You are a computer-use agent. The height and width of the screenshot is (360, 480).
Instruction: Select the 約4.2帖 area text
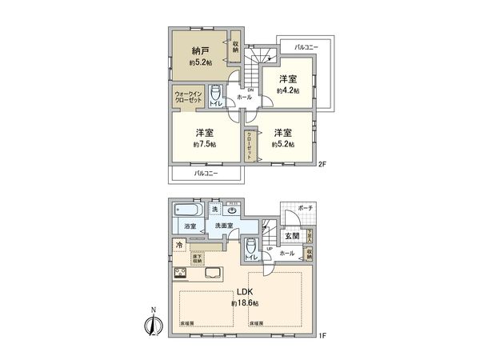click(x=287, y=91)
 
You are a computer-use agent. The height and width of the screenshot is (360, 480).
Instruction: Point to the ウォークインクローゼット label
click(x=188, y=98)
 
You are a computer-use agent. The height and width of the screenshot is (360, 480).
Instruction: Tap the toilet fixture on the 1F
click(x=251, y=246)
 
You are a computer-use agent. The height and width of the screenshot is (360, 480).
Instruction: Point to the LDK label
click(x=242, y=291)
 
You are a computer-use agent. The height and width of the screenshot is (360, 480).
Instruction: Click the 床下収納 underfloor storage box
click(x=196, y=258)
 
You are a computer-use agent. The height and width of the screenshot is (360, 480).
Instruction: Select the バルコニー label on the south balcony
click(x=206, y=173)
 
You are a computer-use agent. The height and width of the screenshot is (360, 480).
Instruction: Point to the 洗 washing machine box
click(x=214, y=210)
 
